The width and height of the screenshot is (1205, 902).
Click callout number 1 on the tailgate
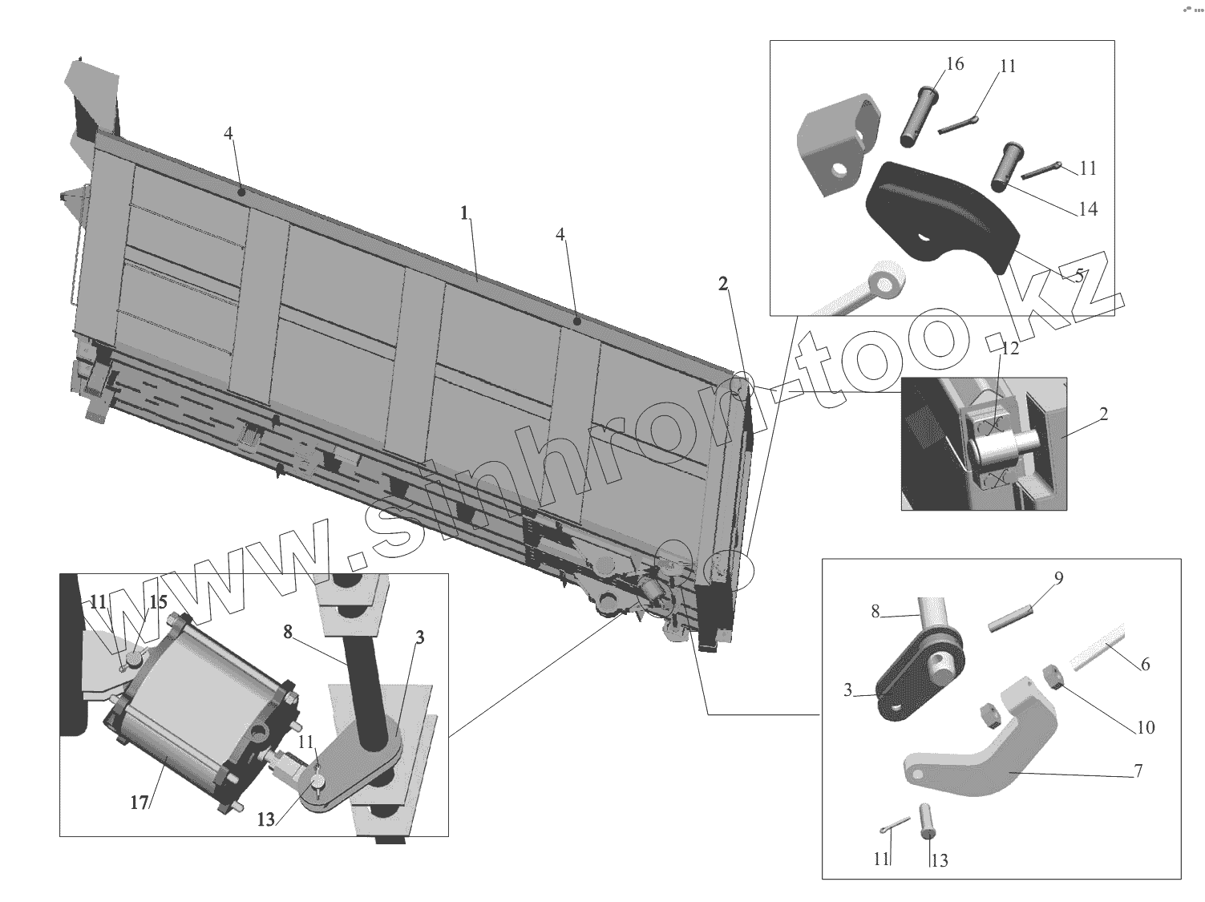tap(463, 212)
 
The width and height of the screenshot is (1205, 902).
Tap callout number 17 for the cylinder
tap(140, 801)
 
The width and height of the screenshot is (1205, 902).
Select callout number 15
tap(158, 601)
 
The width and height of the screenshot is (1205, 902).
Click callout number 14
tap(1087, 209)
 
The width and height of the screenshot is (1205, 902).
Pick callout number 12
tap(1009, 349)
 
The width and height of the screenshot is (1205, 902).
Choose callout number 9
tap(1058, 577)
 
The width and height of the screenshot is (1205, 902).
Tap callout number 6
tap(1145, 664)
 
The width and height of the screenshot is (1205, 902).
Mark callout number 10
tap(1146, 727)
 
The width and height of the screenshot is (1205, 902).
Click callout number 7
tap(1138, 771)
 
